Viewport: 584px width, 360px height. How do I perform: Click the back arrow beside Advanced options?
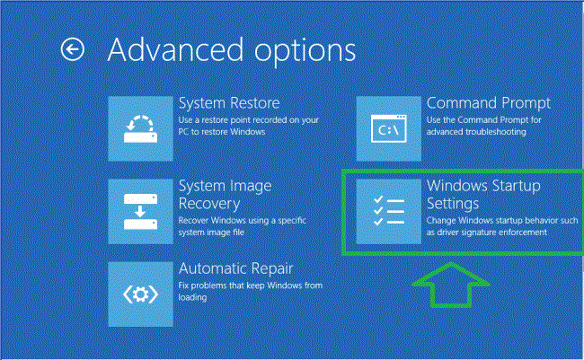72,49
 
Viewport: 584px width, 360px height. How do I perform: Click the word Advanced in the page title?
170,49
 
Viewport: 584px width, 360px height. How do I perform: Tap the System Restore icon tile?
140,128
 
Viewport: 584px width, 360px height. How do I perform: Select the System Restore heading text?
229,103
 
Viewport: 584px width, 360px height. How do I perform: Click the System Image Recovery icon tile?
140,211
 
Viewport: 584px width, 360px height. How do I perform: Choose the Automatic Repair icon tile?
140,294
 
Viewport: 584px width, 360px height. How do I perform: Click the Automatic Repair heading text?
236,268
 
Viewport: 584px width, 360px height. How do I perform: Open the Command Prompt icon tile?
388,128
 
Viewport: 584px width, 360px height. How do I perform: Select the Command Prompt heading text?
489,103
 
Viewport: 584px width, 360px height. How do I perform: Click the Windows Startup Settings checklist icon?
388,211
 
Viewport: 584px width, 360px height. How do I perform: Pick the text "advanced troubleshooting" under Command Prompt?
476,132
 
